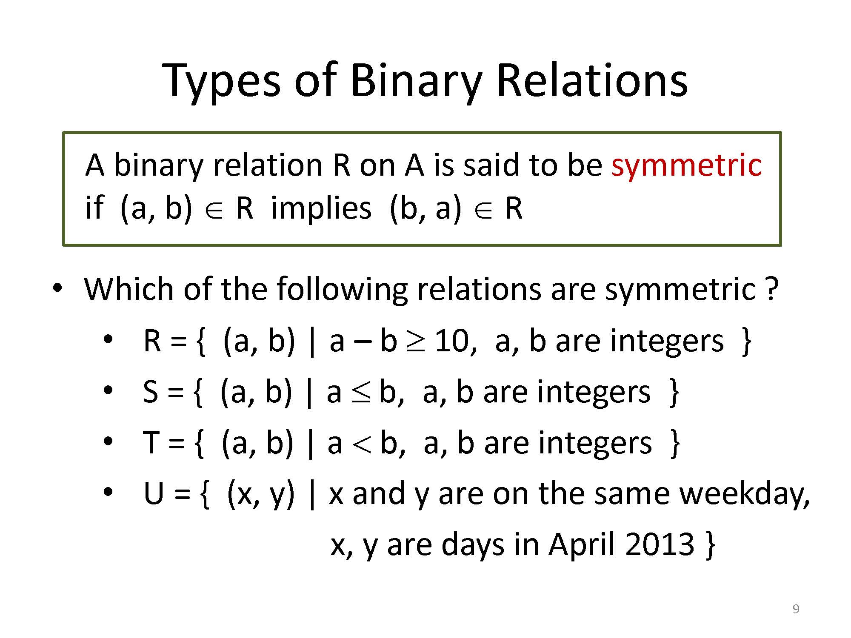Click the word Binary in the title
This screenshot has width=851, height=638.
(416, 82)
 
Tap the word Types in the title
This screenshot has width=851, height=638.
(221, 82)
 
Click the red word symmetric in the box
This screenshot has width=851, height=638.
(686, 166)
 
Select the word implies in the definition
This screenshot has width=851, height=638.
(321, 208)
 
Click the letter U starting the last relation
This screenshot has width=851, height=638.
(154, 494)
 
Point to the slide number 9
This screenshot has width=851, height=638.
(796, 609)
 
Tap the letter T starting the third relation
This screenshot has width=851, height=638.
(151, 443)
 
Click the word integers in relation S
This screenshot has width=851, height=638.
(594, 393)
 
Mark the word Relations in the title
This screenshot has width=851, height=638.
(591, 82)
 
